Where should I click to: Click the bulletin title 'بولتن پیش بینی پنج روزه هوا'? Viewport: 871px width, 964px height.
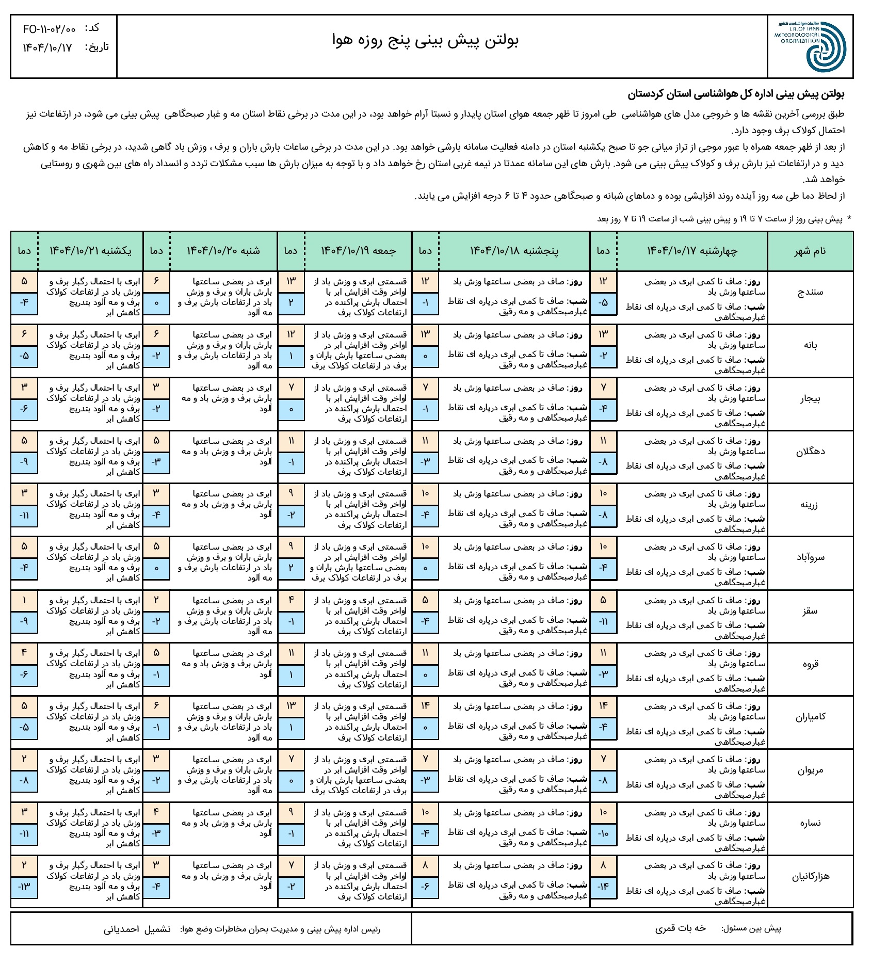[x=426, y=40]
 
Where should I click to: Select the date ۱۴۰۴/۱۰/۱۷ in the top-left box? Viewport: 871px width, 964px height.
[x=47, y=48]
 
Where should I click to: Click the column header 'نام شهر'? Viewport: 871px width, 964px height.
[x=810, y=251]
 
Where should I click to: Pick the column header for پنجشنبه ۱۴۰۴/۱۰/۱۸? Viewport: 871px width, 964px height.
[x=514, y=251]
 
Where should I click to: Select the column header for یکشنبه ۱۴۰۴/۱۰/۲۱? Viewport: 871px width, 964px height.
[x=90, y=251]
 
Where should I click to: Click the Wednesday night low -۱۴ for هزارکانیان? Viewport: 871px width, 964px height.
[x=603, y=887]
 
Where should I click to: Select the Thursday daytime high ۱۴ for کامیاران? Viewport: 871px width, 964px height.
[x=425, y=706]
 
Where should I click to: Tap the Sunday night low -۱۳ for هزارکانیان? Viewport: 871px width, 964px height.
[x=24, y=887]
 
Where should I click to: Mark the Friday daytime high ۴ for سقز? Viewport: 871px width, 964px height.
[x=291, y=600]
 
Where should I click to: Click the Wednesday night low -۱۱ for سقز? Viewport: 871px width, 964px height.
[x=603, y=622]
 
